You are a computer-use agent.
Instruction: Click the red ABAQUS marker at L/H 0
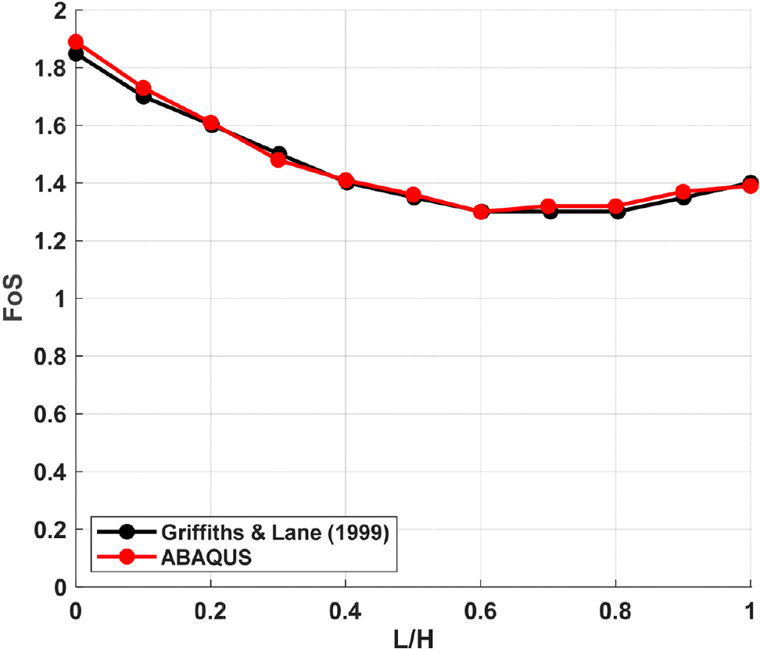pyautogui.click(x=75, y=41)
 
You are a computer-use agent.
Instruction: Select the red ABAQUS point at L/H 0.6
pyautogui.click(x=481, y=212)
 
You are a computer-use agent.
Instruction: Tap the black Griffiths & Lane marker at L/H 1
pyautogui.click(x=751, y=183)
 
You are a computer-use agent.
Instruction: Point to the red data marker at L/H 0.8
pyautogui.click(x=617, y=206)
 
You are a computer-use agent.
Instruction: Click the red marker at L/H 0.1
pyautogui.click(x=143, y=88)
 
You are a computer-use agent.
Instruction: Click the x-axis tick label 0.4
pyautogui.click(x=346, y=609)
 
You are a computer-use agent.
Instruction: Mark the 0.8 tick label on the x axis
pyautogui.click(x=616, y=609)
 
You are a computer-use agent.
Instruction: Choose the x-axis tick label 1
pyautogui.click(x=751, y=609)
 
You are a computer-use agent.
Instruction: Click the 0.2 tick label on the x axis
pyautogui.click(x=210, y=609)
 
